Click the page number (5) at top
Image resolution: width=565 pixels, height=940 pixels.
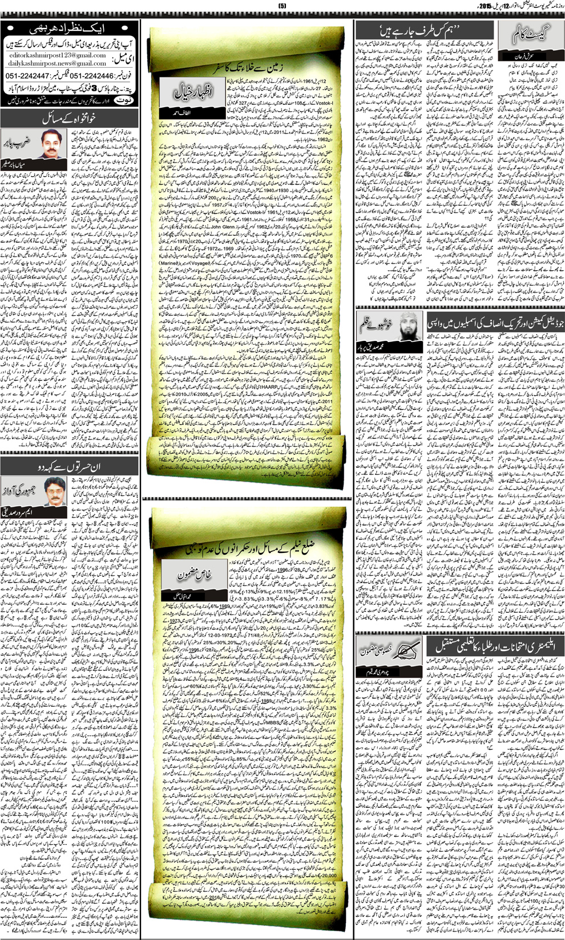tap(282, 5)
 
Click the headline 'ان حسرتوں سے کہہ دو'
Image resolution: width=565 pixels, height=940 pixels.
tap(68, 466)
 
